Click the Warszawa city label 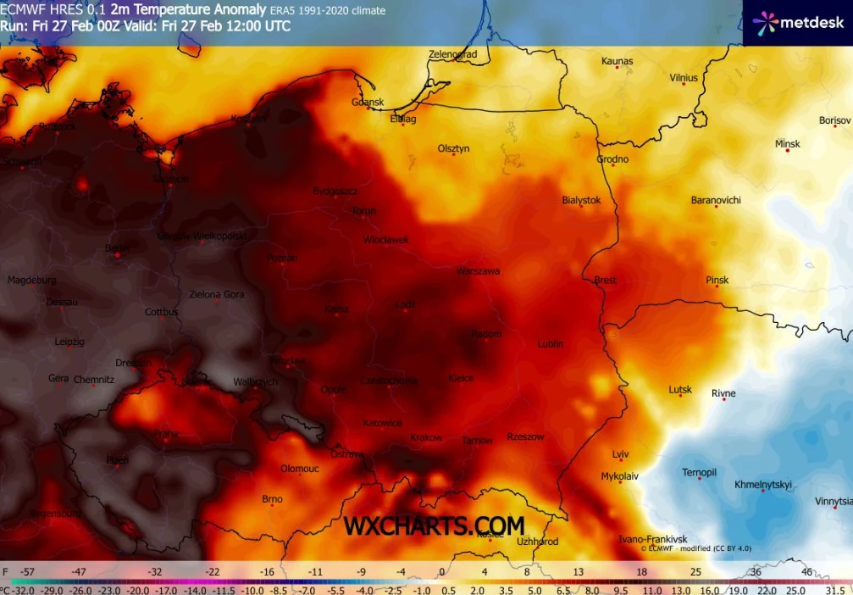tap(478, 271)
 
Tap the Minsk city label tap(788, 144)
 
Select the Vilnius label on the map tap(684, 78)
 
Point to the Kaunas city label tap(617, 61)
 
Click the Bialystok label tap(581, 200)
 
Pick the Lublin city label tap(550, 344)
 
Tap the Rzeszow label tap(525, 437)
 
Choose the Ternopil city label tap(700, 472)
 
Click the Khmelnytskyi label tap(762, 485)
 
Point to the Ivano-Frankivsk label tap(651, 539)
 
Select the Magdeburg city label tap(31, 280)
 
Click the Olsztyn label tap(453, 148)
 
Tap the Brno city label tap(272, 499)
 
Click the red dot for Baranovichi tap(716, 208)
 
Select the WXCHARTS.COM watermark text tap(433, 526)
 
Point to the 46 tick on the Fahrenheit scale tap(806, 572)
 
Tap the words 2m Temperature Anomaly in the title tap(181, 10)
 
